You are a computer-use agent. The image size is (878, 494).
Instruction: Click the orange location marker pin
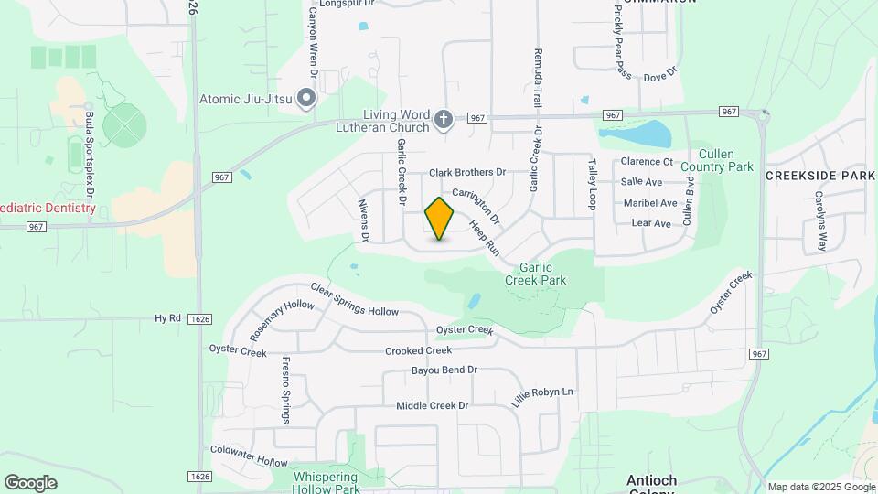(440, 219)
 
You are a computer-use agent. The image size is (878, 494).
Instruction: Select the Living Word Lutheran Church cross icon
(444, 119)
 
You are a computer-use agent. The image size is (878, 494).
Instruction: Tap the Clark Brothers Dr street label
(467, 172)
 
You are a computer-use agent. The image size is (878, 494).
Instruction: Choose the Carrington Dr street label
(476, 205)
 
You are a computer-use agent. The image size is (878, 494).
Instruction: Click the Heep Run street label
(485, 237)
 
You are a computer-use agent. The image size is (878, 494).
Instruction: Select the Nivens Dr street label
(363, 220)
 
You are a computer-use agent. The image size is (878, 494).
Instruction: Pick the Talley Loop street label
(592, 184)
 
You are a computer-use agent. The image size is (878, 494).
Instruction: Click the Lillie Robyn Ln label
(542, 396)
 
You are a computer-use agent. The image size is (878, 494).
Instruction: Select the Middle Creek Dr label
(432, 405)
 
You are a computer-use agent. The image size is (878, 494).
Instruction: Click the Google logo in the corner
(30, 483)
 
